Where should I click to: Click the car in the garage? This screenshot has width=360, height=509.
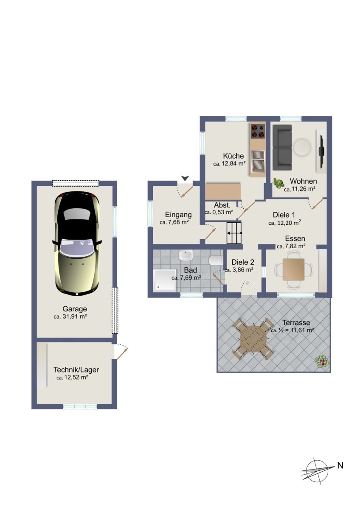(77, 243)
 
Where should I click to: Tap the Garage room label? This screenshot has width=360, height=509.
(75, 309)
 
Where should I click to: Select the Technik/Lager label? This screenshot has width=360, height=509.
(76, 370)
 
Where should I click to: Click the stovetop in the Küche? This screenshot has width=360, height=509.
(258, 131)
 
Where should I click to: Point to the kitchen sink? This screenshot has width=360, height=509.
(258, 161)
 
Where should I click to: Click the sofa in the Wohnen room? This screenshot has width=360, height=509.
(282, 148)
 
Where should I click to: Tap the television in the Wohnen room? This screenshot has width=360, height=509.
(321, 151)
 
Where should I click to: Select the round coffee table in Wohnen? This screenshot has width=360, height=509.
(302, 147)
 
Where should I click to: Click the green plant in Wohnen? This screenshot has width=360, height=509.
(278, 183)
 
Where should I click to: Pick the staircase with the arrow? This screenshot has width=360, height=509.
(234, 233)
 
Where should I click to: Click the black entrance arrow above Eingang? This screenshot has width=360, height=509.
(186, 179)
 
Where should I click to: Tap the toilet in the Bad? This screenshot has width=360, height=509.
(216, 260)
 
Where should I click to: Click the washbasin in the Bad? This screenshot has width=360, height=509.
(186, 255)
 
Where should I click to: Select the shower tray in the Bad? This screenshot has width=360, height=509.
(165, 280)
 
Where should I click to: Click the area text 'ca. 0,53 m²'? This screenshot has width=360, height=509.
(219, 212)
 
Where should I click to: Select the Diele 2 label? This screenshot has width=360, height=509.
(243, 262)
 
